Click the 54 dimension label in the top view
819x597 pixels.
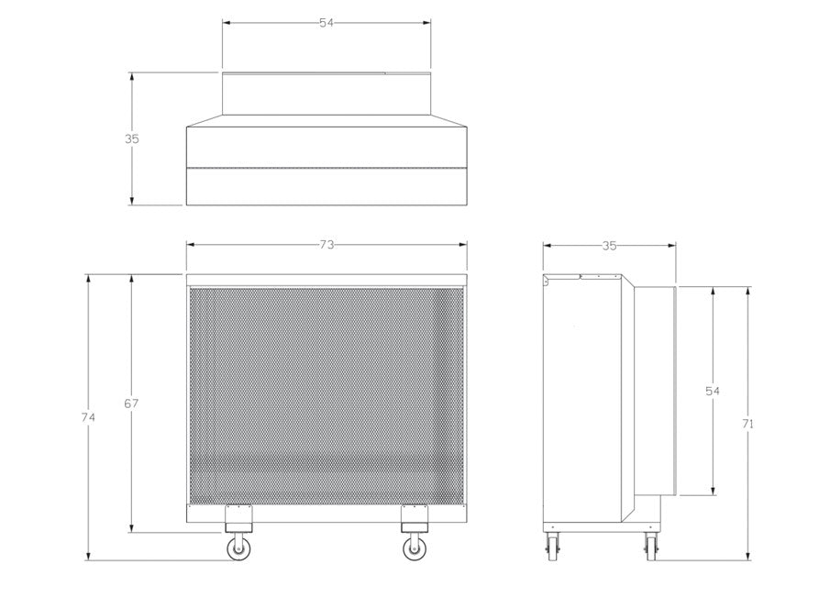coord(326,24)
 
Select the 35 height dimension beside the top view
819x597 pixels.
coord(132,139)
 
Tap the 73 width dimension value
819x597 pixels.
coord(326,245)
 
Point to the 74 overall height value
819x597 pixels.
coord(88,417)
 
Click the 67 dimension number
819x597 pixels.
coord(131,404)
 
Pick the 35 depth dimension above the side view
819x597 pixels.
coord(609,246)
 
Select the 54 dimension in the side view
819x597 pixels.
coord(713,391)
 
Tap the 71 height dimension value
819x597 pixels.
coord(749,424)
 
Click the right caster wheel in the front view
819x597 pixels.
coord(414,548)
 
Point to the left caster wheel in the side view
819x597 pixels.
coord(552,547)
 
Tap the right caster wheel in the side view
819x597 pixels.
coord(650,547)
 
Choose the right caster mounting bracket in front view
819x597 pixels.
coord(414,518)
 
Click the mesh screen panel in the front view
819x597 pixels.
coord(326,394)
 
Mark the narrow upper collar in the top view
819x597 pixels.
coord(326,94)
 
